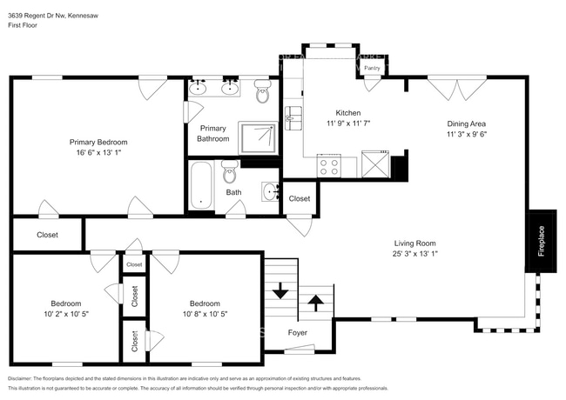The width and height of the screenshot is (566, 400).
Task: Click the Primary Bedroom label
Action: click(98, 142)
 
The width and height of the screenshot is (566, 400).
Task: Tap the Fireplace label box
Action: click(541, 239)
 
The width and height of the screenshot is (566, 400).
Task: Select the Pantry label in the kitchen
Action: click(373, 66)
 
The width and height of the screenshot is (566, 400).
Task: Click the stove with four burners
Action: click(330, 164)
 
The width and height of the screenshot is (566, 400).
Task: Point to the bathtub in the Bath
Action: click(201, 185)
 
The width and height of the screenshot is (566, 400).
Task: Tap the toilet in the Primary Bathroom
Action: click(263, 90)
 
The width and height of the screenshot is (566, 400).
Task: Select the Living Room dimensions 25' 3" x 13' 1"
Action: click(414, 255)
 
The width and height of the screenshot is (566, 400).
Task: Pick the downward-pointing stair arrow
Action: click(280, 291)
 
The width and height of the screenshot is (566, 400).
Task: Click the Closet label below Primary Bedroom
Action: click(47, 235)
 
